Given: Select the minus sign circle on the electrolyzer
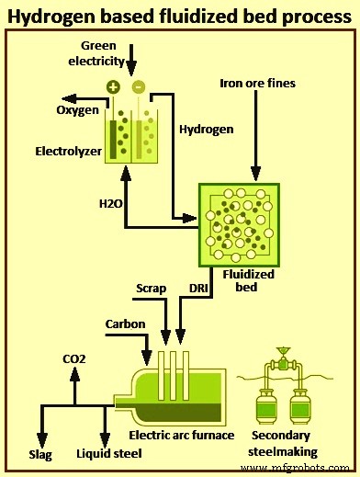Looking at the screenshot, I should pyautogui.click(x=139, y=87).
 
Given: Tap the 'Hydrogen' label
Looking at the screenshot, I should pyautogui.click(x=203, y=131).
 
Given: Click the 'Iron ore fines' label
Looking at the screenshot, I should pyautogui.click(x=258, y=84).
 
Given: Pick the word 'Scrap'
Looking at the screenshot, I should pyautogui.click(x=151, y=289).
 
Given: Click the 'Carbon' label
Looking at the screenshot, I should pyautogui.click(x=125, y=324).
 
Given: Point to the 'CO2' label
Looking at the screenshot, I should pyautogui.click(x=74, y=358).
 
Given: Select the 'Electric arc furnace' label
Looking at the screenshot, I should pyautogui.click(x=183, y=436).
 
